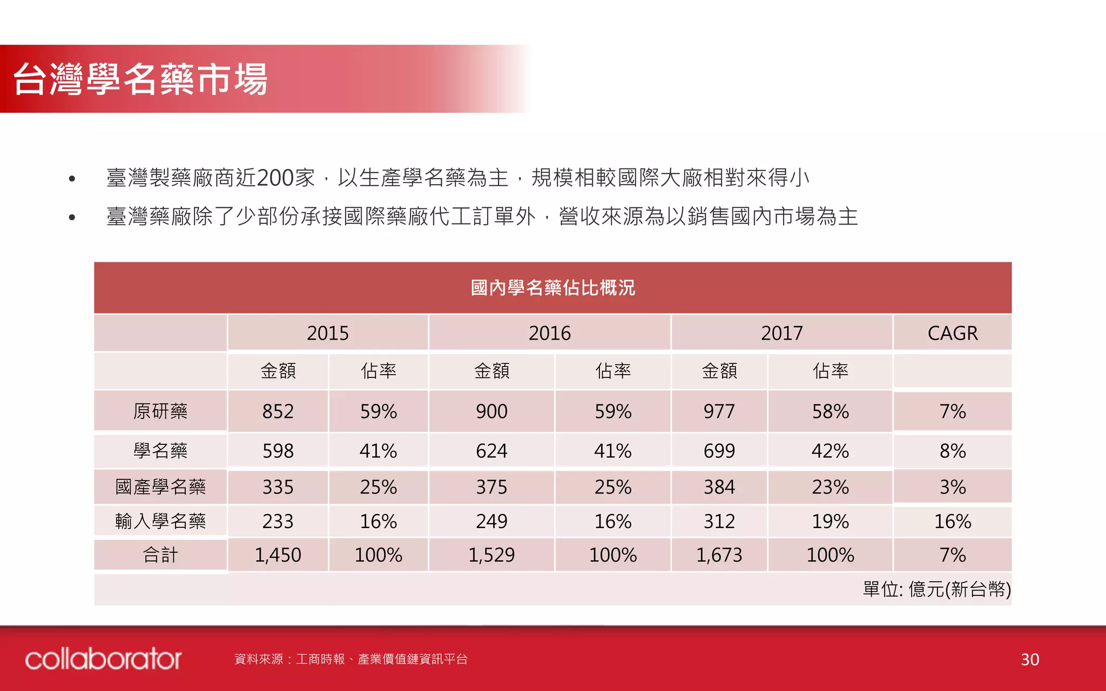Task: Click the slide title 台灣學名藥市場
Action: point(140,79)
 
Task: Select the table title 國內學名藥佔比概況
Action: point(552,288)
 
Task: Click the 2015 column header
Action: point(327,333)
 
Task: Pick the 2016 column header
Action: point(549,333)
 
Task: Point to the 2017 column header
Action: point(781,333)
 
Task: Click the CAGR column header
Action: point(952,333)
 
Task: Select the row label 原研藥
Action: point(160,411)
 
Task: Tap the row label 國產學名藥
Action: point(160,487)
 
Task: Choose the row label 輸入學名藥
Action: point(160,521)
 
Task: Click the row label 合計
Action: point(160,555)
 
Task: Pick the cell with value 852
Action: point(278,411)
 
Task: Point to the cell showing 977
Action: point(719,411)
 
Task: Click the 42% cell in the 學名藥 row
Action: point(830,451)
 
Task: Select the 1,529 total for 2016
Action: point(491,555)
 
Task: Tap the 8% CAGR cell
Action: point(952,451)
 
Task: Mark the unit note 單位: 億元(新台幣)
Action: point(936,589)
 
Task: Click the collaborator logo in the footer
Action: point(103,659)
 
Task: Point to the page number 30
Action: point(1030,660)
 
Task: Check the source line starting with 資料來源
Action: point(351,659)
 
